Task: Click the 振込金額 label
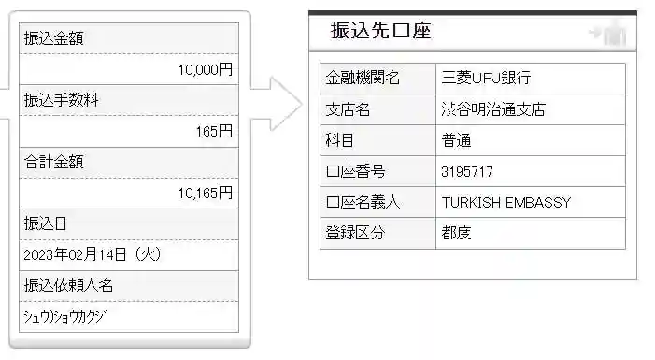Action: point(51,38)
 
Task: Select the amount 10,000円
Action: point(206,69)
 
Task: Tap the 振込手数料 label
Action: point(58,100)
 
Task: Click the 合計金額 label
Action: point(52,162)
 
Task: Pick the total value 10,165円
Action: point(205,193)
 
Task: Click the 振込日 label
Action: point(45,223)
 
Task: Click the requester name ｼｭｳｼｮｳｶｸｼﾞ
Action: point(64,316)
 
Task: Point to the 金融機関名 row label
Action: point(363,79)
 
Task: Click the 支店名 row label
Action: point(348,109)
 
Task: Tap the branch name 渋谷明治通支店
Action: point(493,109)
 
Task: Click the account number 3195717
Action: point(466,172)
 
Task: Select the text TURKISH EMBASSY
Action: point(505,203)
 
